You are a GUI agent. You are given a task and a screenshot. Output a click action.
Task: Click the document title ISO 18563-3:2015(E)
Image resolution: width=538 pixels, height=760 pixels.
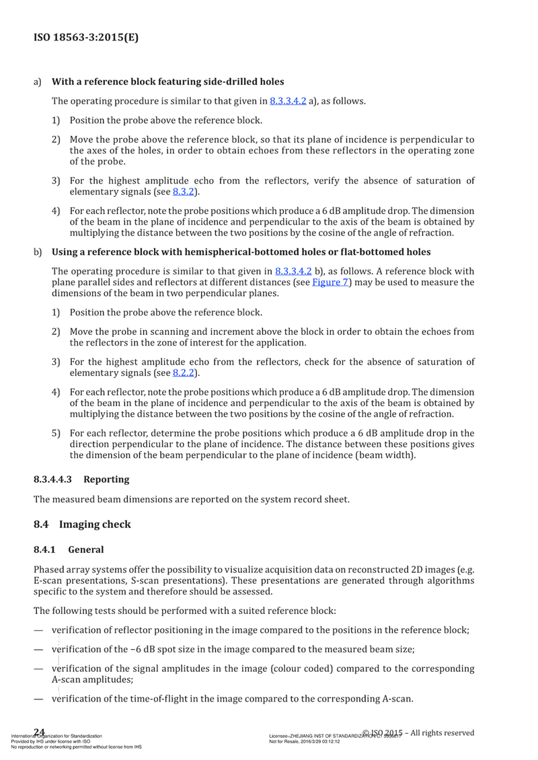pos(85,38)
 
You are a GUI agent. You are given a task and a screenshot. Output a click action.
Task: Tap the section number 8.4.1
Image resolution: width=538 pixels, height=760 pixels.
pos(45,549)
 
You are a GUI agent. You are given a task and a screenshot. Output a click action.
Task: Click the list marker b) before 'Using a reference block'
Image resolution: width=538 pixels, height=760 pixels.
pos(38,252)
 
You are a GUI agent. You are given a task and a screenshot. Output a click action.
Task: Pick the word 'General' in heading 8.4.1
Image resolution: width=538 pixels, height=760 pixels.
pos(86,549)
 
